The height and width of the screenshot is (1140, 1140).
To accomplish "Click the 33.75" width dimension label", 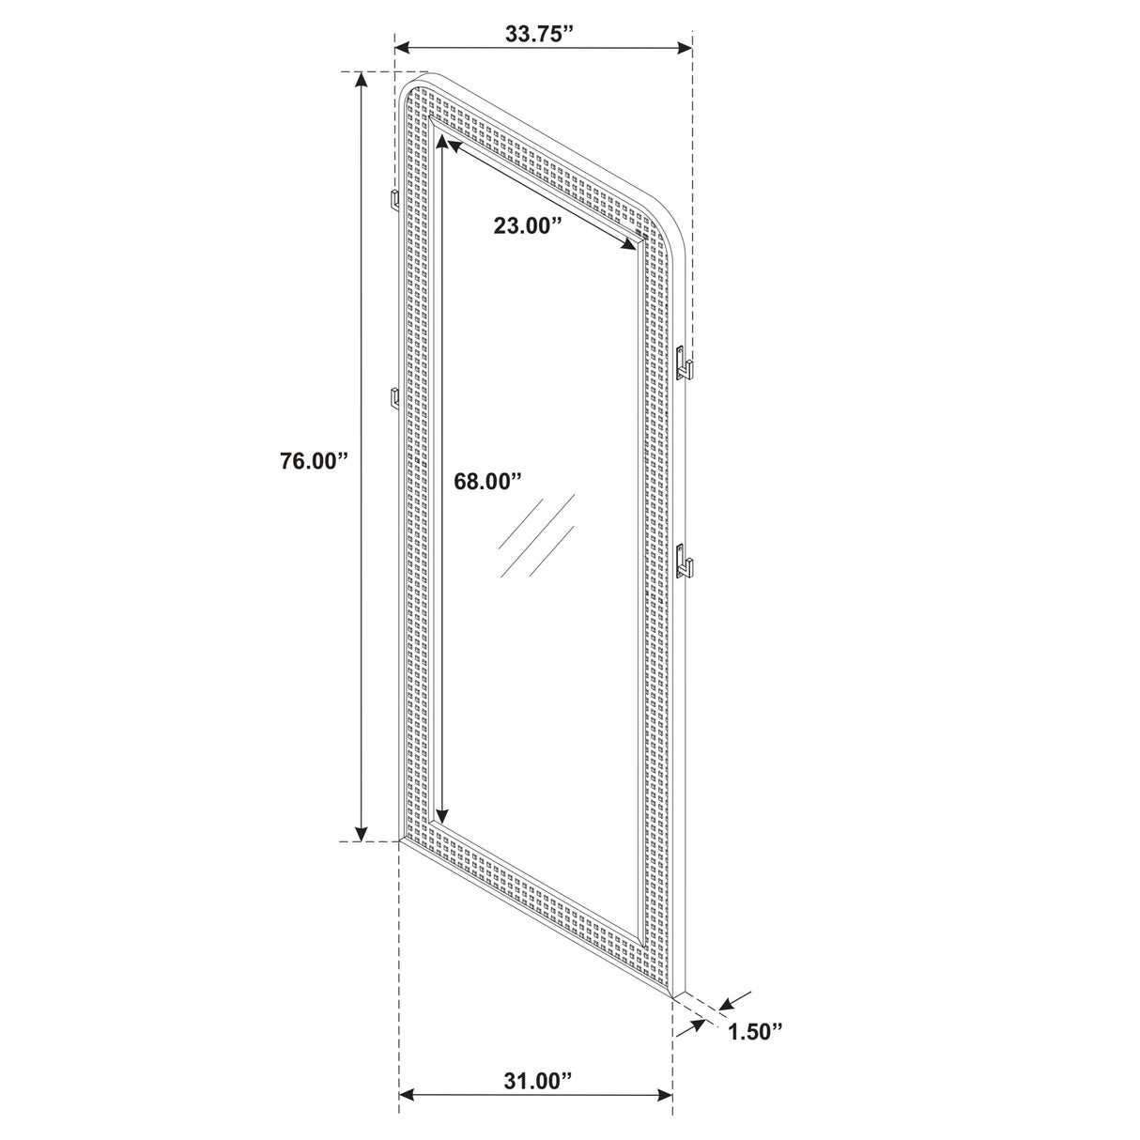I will [x=538, y=35].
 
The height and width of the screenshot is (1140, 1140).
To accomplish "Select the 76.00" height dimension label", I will [x=314, y=461].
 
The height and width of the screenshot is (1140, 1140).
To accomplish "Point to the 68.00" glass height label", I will [x=487, y=482].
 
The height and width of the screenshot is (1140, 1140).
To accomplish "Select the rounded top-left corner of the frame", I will [x=409, y=83].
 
